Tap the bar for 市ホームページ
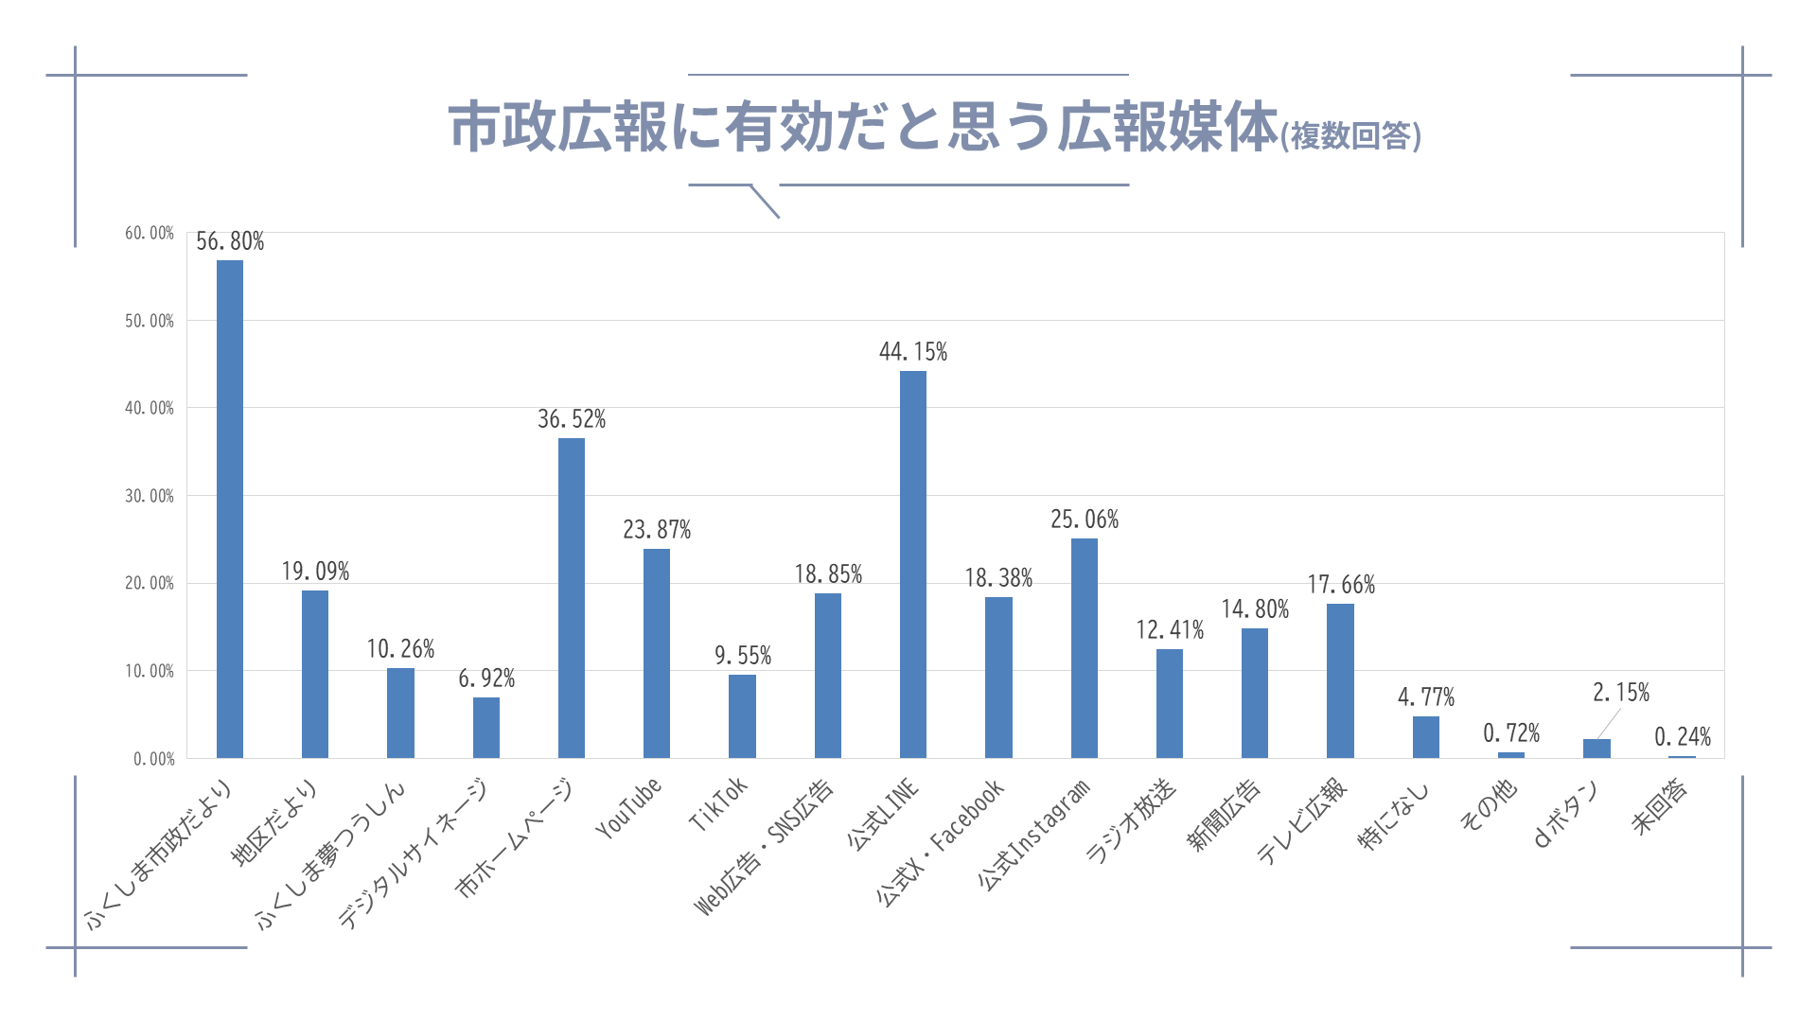tap(572, 598)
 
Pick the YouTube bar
tap(657, 653)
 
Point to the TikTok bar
tap(742, 716)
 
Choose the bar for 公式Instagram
tap(1085, 648)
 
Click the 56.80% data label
tap(230, 242)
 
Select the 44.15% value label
tap(913, 353)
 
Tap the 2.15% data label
tap(1621, 694)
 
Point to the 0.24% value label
tap(1683, 737)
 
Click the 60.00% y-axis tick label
tap(150, 234)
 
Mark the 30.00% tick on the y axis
tap(150, 497)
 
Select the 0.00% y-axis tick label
tap(154, 759)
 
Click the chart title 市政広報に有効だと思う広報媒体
tap(863, 129)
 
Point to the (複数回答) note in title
tap(1350, 136)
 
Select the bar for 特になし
tap(1426, 737)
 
